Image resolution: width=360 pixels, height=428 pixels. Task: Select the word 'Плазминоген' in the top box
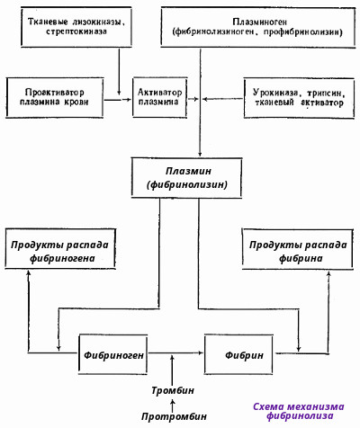pyautogui.click(x=260, y=22)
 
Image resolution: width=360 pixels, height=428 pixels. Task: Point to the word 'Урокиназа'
pyautogui.click(x=275, y=93)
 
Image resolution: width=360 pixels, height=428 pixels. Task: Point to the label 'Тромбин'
pyautogui.click(x=173, y=390)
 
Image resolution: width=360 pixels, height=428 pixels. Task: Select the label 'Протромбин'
pyautogui.click(x=174, y=416)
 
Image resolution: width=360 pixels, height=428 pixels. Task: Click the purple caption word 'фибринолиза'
pyautogui.click(x=300, y=415)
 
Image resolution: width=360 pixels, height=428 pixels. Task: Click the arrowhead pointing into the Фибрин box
pyautogui.click(x=201, y=352)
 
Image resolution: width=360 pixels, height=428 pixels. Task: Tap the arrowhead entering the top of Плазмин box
pyautogui.click(x=200, y=154)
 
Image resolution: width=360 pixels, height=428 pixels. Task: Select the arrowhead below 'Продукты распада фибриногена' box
pyautogui.click(x=29, y=272)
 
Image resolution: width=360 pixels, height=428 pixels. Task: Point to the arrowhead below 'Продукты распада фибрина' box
pyautogui.click(x=328, y=273)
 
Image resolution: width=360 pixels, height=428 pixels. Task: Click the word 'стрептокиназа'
pyautogui.click(x=76, y=31)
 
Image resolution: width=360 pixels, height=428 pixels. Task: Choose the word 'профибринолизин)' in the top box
pyautogui.click(x=302, y=31)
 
